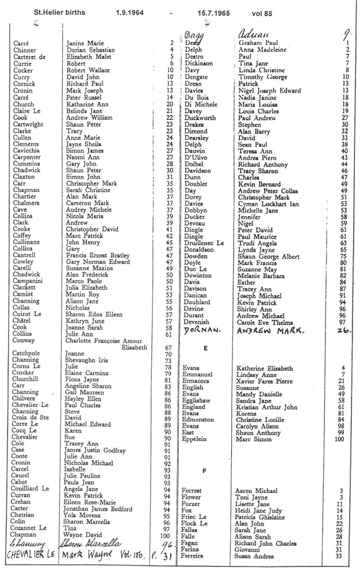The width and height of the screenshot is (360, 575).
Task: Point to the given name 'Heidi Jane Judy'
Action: coord(260,509)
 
